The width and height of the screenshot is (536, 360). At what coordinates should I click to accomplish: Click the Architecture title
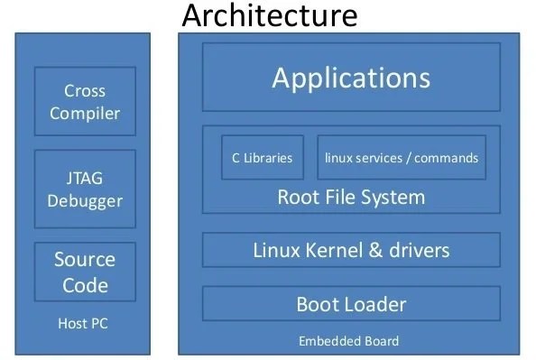tap(269, 15)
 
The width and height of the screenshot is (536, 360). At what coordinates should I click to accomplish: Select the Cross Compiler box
tap(85, 102)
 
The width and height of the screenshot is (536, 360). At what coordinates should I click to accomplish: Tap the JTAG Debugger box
tap(85, 188)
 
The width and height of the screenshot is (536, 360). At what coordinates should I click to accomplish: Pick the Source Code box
tap(85, 272)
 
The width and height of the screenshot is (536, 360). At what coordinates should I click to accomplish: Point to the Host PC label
tap(84, 323)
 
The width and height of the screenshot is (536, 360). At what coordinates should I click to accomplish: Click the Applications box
tap(350, 78)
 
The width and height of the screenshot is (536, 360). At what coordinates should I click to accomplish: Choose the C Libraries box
tap(262, 158)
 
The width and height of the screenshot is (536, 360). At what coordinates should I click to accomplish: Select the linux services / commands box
tap(401, 158)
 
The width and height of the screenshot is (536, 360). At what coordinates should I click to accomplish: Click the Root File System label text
tap(350, 197)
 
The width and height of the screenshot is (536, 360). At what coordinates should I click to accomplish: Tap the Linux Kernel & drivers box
tap(350, 250)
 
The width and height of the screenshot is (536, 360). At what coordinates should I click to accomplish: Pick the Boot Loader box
tap(350, 304)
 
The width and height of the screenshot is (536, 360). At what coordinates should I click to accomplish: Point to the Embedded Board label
tap(348, 341)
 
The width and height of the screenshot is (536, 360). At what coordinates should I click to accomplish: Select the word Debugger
tap(85, 199)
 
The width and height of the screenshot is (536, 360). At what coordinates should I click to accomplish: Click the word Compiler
tap(85, 114)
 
